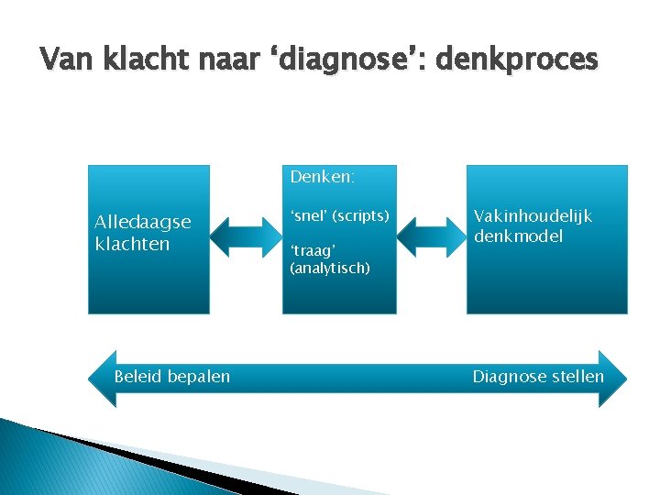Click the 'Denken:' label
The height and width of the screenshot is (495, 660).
click(x=323, y=174)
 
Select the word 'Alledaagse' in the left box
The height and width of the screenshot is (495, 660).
click(x=143, y=222)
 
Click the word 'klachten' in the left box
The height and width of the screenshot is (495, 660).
click(x=132, y=244)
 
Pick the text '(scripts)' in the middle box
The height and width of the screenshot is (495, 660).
click(x=360, y=216)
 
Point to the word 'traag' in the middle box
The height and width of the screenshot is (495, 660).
click(x=313, y=249)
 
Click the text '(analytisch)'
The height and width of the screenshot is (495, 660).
click(x=330, y=268)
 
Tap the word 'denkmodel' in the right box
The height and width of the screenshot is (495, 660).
click(x=518, y=236)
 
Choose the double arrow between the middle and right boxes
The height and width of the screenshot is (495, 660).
click(x=432, y=236)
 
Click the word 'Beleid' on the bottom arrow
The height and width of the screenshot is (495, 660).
click(x=138, y=377)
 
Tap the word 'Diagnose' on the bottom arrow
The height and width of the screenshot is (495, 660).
click(x=507, y=377)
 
